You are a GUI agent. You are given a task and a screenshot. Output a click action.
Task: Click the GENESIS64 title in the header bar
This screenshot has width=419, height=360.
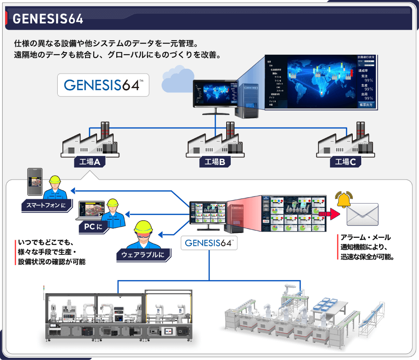point(47,19)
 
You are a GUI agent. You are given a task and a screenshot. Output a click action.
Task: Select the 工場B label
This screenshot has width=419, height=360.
point(215,162)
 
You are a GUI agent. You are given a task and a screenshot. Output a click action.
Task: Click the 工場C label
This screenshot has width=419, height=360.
point(345,162)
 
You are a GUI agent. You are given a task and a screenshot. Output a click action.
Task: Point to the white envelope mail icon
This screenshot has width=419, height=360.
point(363,214)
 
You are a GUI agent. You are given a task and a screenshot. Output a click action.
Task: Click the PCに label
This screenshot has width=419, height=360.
point(93,227)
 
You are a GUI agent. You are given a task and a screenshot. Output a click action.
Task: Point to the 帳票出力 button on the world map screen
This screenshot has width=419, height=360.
point(367,104)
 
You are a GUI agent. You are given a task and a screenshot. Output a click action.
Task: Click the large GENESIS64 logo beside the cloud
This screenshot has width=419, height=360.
point(103,85)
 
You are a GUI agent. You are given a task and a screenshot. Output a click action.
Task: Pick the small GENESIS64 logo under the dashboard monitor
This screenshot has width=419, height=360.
point(209,243)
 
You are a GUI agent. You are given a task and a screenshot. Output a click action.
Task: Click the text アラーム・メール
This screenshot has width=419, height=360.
point(366,238)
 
